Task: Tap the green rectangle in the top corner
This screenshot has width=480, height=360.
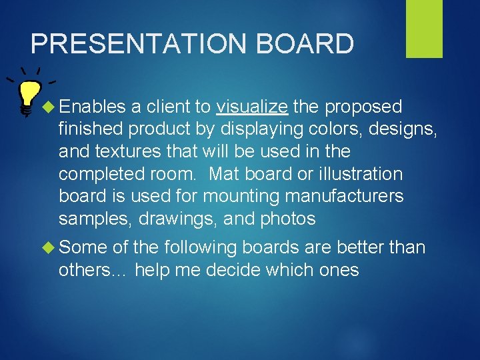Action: [x=424, y=29]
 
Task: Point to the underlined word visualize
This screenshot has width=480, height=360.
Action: [x=252, y=107]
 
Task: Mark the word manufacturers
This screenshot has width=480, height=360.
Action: [x=344, y=196]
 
